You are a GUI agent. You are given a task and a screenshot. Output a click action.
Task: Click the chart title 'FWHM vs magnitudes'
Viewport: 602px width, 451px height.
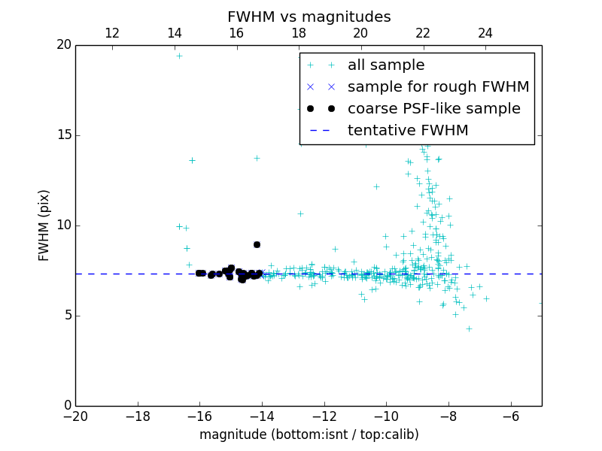coord(309,17)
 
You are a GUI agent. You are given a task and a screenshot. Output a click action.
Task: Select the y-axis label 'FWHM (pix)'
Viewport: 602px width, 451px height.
coord(44,225)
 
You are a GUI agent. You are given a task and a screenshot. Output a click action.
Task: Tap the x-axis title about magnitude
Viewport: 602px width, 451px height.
coord(309,434)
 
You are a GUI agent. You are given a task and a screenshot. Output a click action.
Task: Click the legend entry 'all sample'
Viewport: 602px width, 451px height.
coord(386,65)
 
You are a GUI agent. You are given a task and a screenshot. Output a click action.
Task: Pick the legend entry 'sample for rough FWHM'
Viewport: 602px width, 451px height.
coord(438,87)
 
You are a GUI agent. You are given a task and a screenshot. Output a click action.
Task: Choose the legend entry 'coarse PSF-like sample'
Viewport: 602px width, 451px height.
coord(433,109)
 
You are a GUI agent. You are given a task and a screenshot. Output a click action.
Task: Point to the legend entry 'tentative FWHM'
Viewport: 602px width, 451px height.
coord(408,131)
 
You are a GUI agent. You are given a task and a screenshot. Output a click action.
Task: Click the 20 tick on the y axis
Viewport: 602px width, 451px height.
coord(63,45)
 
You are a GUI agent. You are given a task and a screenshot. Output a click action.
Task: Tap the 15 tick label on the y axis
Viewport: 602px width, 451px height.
coord(63,135)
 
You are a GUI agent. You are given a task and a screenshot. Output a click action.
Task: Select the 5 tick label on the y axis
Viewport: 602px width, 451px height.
coord(67,316)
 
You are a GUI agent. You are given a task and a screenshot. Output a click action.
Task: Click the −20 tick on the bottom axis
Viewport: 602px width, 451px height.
coord(75,416)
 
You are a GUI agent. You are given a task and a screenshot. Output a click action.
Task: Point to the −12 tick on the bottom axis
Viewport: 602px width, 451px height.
coord(324,416)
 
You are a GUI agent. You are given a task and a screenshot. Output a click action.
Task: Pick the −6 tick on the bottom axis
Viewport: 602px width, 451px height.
coord(511,416)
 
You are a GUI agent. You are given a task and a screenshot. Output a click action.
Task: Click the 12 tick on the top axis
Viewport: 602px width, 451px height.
coord(112,33)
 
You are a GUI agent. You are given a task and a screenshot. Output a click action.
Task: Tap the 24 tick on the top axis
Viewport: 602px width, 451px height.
coord(485,33)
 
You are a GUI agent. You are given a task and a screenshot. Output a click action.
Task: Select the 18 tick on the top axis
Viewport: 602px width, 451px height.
coord(299,33)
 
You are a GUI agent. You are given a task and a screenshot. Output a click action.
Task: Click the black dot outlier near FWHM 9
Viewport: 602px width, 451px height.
coord(257,244)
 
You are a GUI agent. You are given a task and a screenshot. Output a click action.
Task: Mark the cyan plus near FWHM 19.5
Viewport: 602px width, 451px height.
coord(179,56)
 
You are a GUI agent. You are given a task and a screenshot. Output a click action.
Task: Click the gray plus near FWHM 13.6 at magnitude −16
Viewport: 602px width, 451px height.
coord(192,160)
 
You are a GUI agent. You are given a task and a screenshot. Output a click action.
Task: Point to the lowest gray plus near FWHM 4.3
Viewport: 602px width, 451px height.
coord(469,328)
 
